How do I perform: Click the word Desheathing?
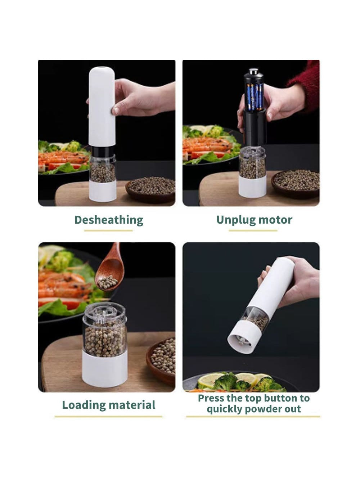109,220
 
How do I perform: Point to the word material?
132,405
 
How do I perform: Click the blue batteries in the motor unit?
255,97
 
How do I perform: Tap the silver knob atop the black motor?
253,71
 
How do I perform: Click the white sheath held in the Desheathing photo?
102,107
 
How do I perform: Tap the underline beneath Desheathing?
108,230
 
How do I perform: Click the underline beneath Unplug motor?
253,230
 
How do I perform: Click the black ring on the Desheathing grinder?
103,150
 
